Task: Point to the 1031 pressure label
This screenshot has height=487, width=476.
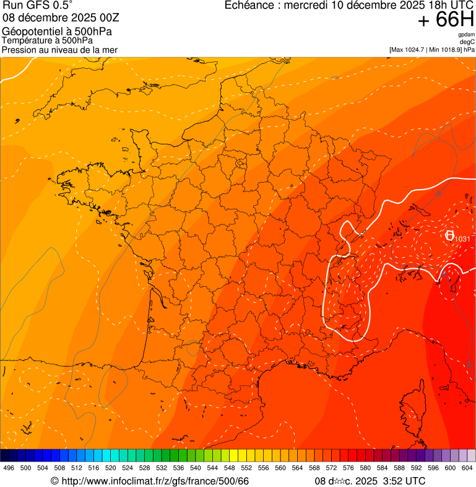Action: click(x=462, y=239)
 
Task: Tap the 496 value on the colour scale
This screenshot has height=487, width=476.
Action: click(x=9, y=468)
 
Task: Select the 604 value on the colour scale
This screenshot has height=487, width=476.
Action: click(x=467, y=468)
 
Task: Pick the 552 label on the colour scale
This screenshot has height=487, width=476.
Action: click(x=246, y=468)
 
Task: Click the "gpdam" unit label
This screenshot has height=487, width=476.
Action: click(x=466, y=35)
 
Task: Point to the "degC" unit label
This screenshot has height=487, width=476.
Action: click(x=467, y=42)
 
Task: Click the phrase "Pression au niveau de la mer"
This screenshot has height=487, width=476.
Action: click(x=60, y=49)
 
